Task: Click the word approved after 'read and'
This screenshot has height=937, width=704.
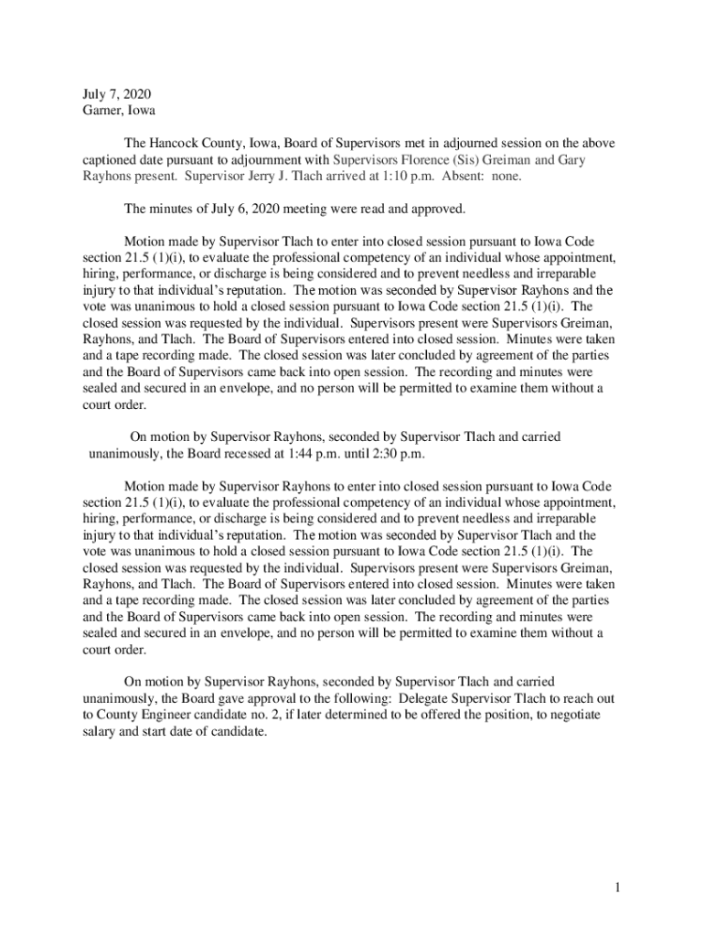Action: click(x=438, y=209)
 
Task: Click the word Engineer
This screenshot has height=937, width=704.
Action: click(x=166, y=715)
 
